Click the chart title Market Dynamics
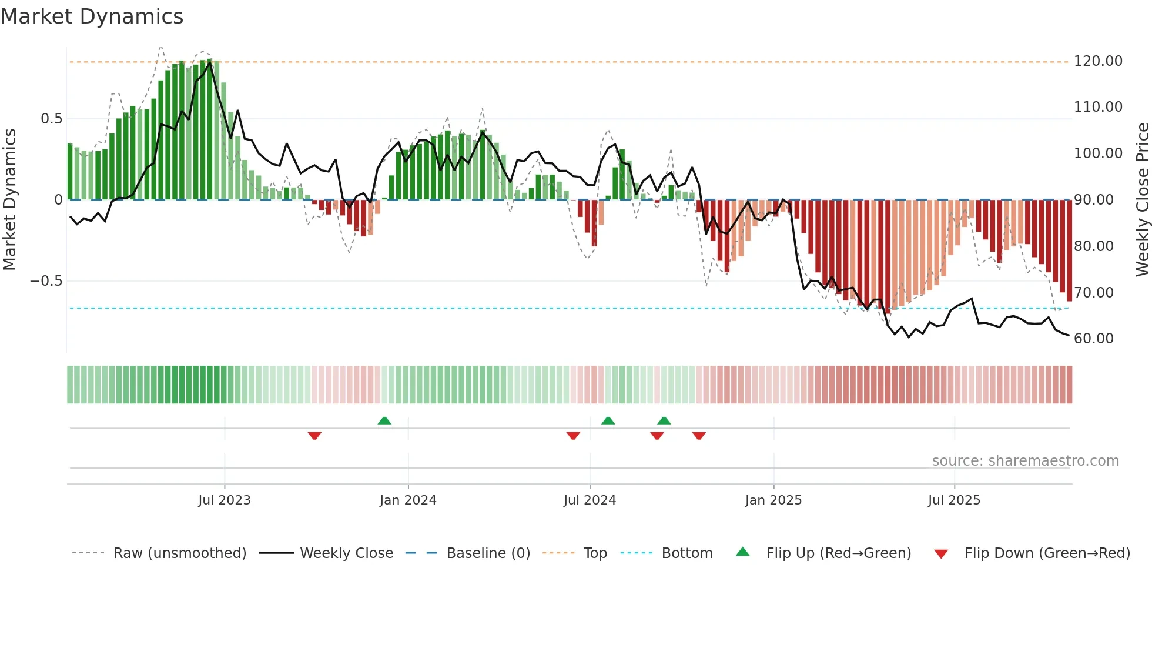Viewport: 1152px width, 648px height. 92,16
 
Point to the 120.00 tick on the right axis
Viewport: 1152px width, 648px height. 1097,61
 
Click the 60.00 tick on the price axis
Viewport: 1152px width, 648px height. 1093,339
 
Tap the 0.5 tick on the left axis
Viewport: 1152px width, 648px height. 51,119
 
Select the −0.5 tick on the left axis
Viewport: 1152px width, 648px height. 46,281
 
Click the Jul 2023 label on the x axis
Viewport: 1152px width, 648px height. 224,500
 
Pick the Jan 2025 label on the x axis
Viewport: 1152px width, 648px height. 773,500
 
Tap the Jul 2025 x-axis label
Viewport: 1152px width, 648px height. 954,500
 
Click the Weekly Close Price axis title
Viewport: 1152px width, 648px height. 1142,199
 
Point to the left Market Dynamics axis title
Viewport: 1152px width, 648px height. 9,199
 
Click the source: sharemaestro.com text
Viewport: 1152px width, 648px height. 1025,461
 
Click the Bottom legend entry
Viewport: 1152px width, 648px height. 686,553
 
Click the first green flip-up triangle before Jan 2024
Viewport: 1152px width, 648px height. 384,421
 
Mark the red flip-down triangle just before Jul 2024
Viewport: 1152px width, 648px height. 573,436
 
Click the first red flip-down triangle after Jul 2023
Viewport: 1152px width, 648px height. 314,436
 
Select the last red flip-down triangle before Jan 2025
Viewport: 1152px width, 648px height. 699,436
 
